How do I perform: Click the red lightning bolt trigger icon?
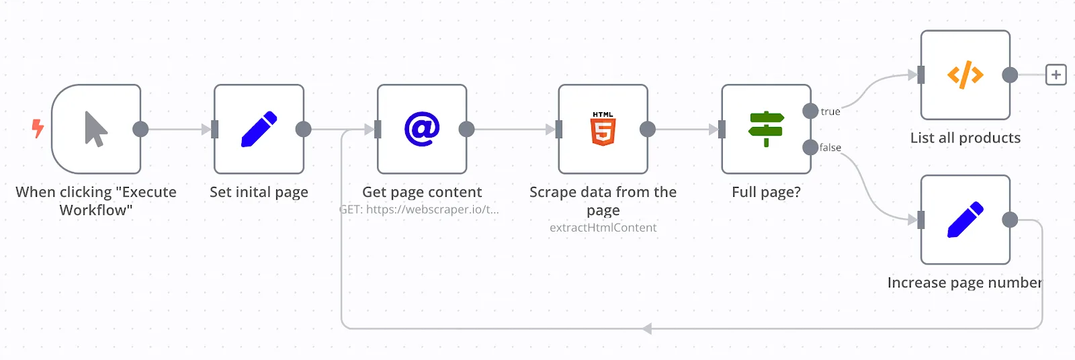click(38, 128)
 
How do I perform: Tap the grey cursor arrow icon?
click(95, 129)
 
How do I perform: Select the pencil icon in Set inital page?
click(259, 129)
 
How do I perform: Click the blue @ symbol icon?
click(422, 129)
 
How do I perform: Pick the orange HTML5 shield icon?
click(603, 129)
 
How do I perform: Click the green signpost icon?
click(766, 129)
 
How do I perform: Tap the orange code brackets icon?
click(965, 75)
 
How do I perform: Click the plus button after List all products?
click(1056, 75)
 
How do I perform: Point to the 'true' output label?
click(830, 111)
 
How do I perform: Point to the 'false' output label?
click(830, 147)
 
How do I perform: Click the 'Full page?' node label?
click(766, 192)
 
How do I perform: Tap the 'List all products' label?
click(965, 138)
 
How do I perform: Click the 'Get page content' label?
click(422, 192)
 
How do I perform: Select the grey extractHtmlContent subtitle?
click(603, 228)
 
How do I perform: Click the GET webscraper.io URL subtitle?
click(419, 210)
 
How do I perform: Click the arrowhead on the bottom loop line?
click(647, 329)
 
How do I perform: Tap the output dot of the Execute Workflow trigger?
click(140, 129)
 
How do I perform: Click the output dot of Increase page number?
click(1010, 220)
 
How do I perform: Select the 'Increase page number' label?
click(965, 282)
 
